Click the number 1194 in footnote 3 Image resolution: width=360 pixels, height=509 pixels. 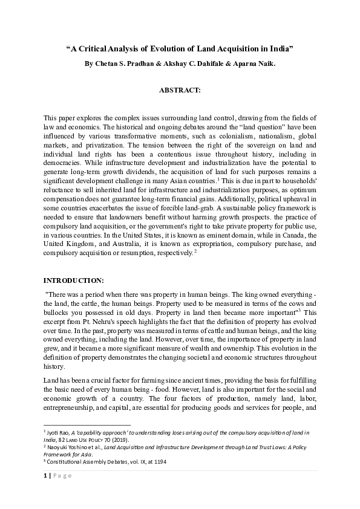(x=159, y=462)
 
